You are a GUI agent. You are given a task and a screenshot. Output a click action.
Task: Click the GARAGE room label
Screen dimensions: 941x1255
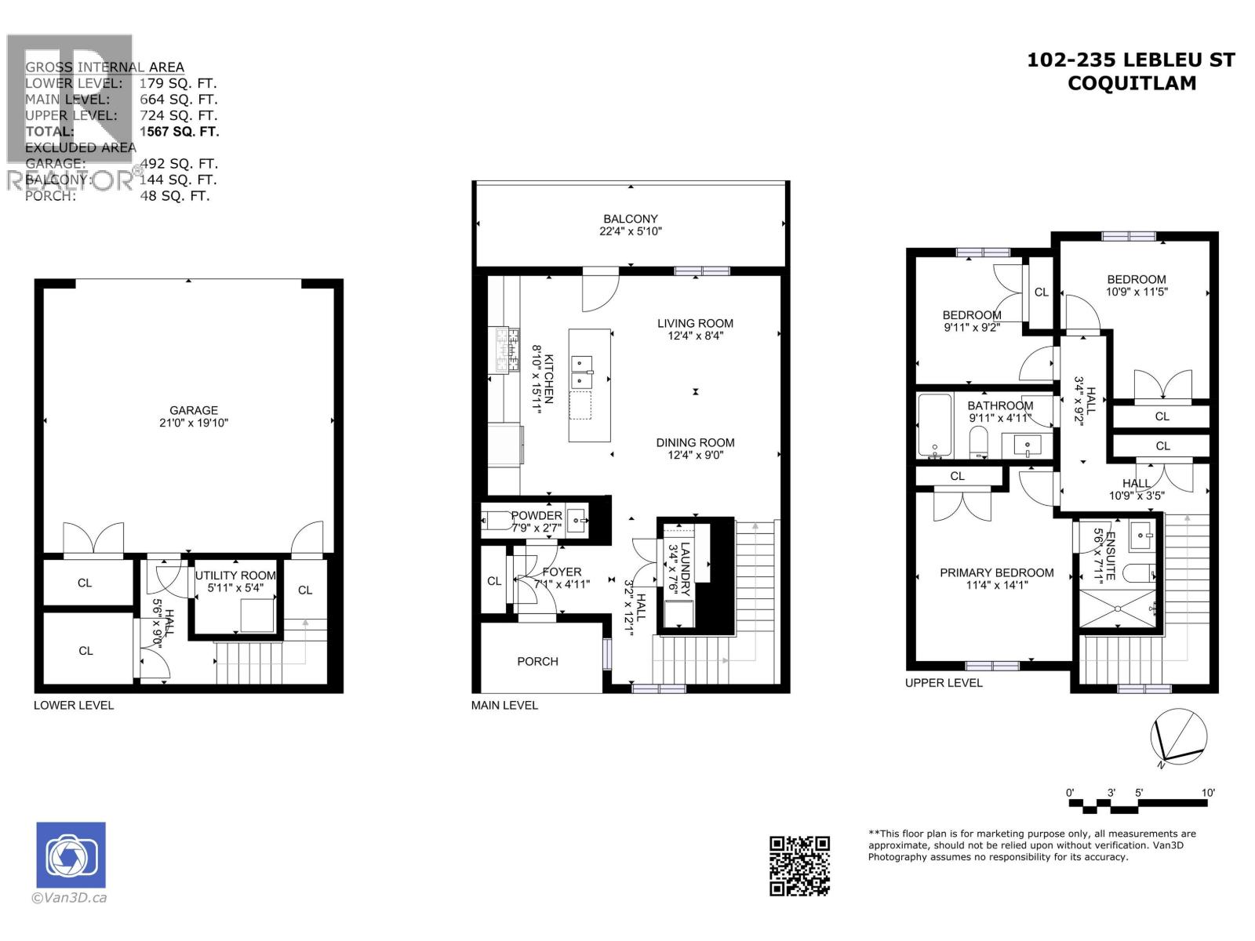point(194,410)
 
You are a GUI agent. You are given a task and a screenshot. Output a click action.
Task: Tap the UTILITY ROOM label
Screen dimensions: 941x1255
point(235,576)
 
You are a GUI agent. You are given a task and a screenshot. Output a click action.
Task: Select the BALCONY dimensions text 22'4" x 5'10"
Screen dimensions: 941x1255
point(631,231)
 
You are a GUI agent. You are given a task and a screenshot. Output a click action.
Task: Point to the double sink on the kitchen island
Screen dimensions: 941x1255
point(582,372)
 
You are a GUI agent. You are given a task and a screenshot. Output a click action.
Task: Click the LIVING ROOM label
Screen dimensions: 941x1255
point(695,323)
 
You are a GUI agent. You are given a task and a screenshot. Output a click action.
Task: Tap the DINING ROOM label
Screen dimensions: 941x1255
point(695,442)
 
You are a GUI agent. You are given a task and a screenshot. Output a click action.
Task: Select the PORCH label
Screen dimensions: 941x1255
point(537,661)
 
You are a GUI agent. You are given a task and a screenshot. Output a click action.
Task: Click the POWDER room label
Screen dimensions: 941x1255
point(537,516)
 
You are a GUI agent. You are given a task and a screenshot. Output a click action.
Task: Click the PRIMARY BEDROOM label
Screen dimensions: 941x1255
point(996,572)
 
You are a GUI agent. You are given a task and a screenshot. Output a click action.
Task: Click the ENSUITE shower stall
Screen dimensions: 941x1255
point(1118,609)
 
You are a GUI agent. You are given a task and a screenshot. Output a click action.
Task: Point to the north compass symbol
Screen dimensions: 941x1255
point(1178,737)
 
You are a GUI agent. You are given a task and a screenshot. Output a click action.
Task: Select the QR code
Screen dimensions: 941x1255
point(799,866)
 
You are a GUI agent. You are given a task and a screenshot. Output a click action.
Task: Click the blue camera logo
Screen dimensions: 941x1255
point(71,855)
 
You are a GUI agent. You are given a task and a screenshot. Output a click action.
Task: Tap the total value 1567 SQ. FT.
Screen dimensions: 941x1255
point(179,132)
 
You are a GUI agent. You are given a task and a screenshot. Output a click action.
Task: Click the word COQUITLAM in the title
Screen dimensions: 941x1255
point(1131,83)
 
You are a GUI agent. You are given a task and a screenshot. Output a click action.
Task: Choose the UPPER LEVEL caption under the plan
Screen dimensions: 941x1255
point(944,683)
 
